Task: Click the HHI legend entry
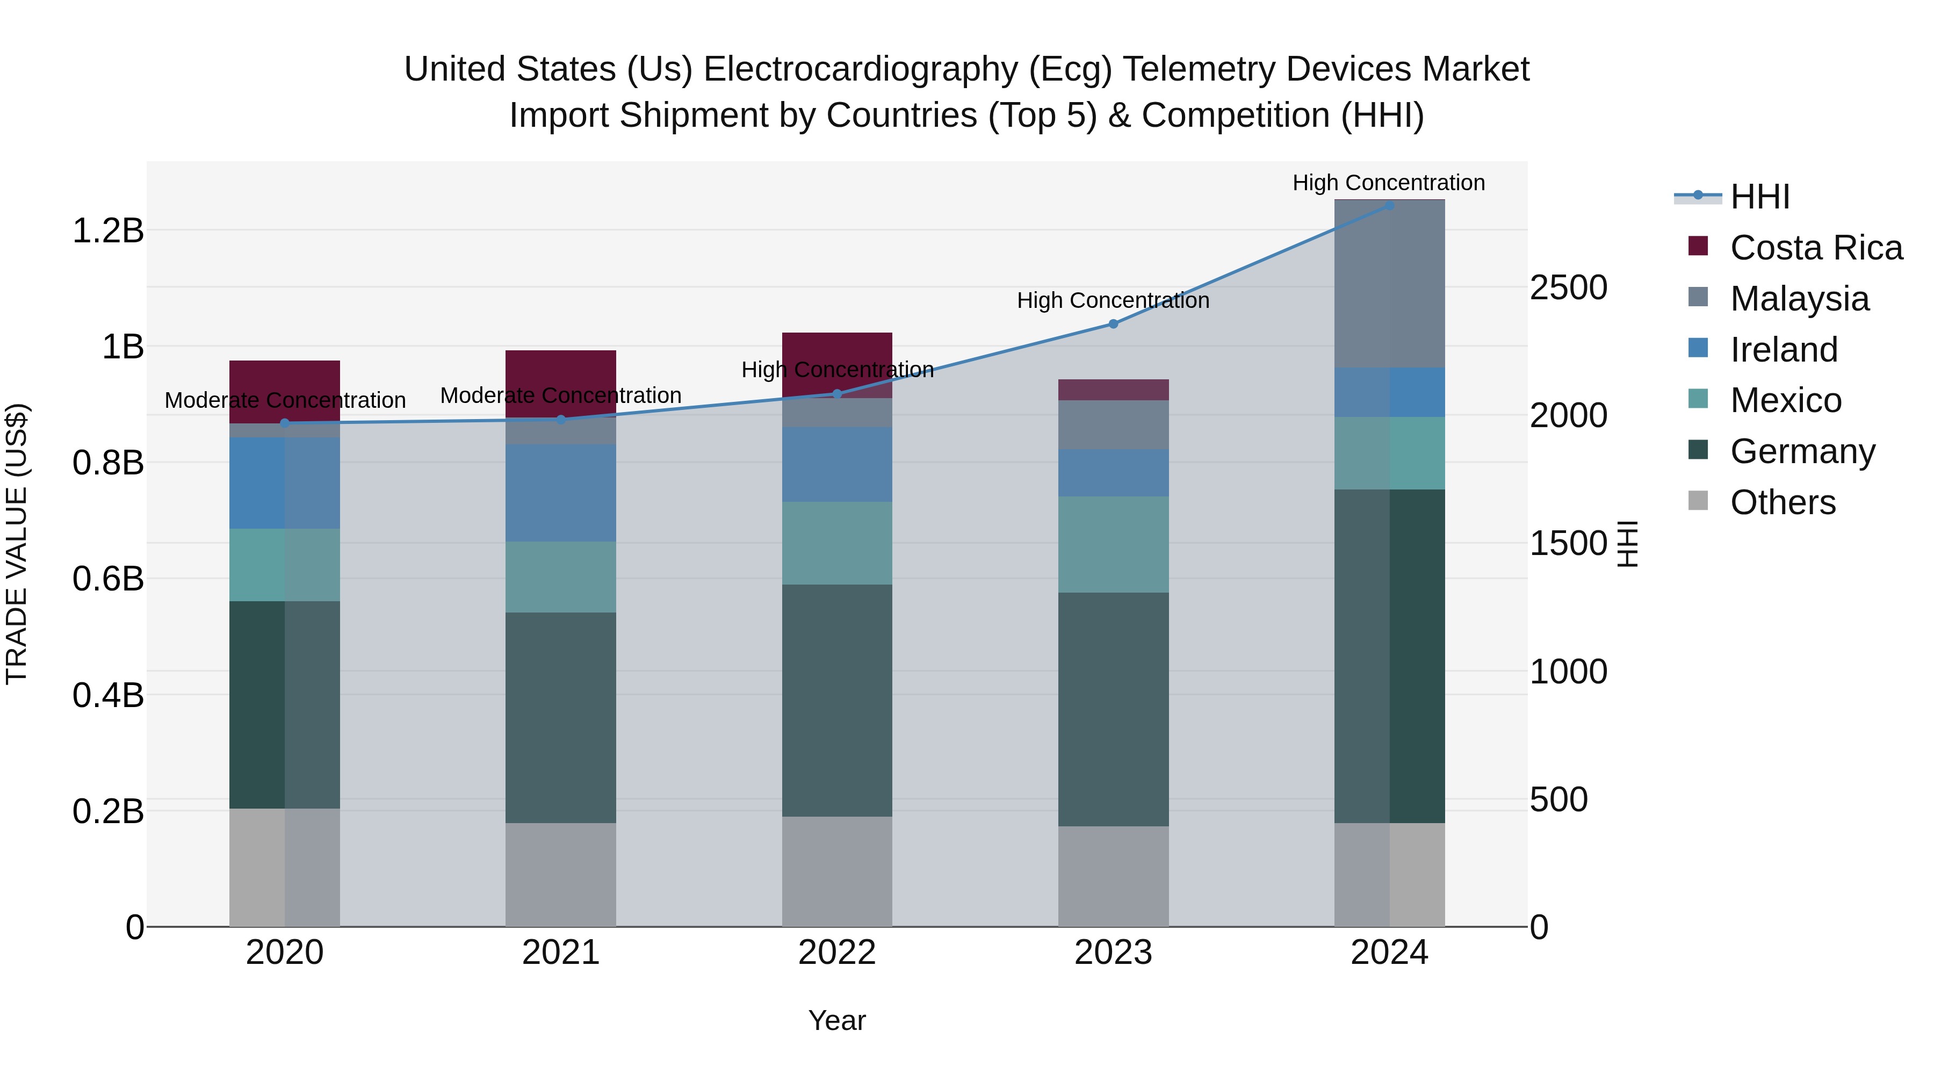pos(1759,197)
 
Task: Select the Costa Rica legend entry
pos(1815,248)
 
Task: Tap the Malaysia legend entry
pos(1799,299)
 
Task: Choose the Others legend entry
pos(1783,502)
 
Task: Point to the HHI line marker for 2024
pos(1389,205)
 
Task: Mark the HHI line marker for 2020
pos(285,423)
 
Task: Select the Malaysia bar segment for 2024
pos(1389,284)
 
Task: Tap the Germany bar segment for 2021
pos(561,717)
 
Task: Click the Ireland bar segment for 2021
pos(561,493)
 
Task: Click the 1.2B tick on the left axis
pos(107,230)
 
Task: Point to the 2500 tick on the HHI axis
pos(1568,287)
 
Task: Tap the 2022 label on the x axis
pos(837,953)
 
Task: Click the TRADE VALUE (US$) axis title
pos(17,544)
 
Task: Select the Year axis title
pos(837,1020)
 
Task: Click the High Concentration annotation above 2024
pos(1388,183)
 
